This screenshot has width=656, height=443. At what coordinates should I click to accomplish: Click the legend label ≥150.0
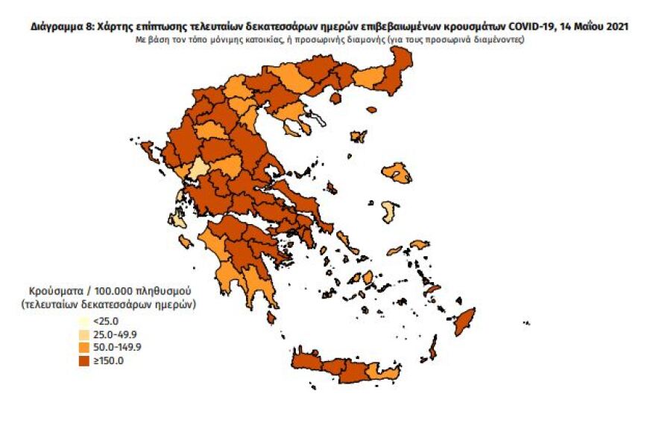click(x=109, y=360)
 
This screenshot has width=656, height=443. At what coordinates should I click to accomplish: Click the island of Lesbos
click(x=397, y=173)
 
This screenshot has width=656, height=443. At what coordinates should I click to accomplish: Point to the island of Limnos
click(x=359, y=136)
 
